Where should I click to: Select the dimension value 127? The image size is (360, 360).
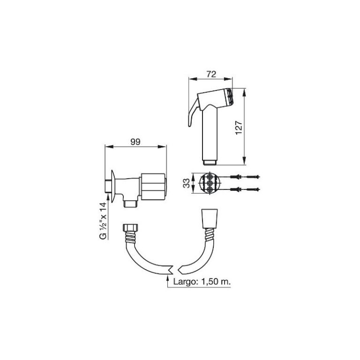pyautogui.click(x=238, y=127)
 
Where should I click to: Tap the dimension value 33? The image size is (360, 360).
pyautogui.click(x=187, y=182)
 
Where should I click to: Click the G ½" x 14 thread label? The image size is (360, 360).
pyautogui.click(x=103, y=220)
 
